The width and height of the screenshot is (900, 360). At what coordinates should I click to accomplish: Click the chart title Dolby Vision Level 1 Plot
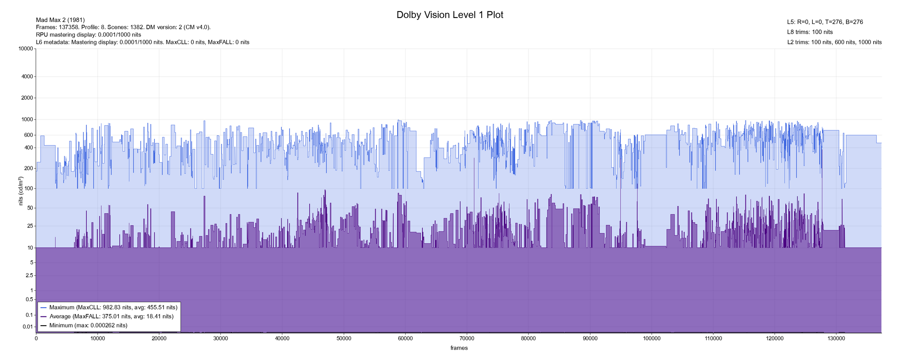[450, 15]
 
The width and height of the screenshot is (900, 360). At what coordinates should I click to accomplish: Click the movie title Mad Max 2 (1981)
[60, 20]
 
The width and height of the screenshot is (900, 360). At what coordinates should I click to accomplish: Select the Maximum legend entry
[113, 308]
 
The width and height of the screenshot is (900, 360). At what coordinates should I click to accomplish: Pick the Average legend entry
[111, 316]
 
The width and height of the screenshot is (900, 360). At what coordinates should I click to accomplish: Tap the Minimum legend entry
[88, 326]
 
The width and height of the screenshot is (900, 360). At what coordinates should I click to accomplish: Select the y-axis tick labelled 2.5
[29, 276]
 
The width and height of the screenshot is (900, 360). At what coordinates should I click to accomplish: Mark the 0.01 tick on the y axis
[28, 327]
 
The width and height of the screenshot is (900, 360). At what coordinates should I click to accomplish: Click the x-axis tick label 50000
[344, 339]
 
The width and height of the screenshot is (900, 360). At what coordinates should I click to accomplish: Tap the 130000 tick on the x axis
[836, 339]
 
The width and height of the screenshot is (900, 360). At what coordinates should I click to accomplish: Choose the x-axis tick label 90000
[590, 339]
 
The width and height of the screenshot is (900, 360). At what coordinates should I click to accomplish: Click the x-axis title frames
[459, 348]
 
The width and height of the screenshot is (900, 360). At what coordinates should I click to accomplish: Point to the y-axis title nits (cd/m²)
[21, 191]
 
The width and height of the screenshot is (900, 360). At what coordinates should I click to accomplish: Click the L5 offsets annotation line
[825, 22]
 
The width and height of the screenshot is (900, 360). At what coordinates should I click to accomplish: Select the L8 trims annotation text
[810, 32]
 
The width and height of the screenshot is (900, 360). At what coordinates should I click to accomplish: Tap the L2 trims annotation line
[834, 42]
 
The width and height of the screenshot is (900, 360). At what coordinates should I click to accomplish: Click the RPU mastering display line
[88, 35]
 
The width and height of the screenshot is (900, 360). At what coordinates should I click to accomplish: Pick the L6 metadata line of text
[142, 42]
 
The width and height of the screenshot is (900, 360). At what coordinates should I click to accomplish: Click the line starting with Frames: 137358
[123, 27]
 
